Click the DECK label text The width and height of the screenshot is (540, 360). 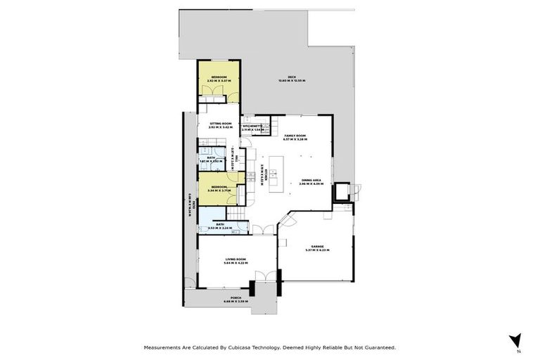point(291,77)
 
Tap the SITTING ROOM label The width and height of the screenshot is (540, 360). point(219,123)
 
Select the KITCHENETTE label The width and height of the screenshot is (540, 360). point(252,126)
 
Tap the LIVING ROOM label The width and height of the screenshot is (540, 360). point(234,259)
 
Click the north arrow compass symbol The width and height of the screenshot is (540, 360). point(517,340)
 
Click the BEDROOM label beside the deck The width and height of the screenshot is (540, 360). point(219,77)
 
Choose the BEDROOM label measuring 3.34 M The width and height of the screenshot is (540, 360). point(219,186)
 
